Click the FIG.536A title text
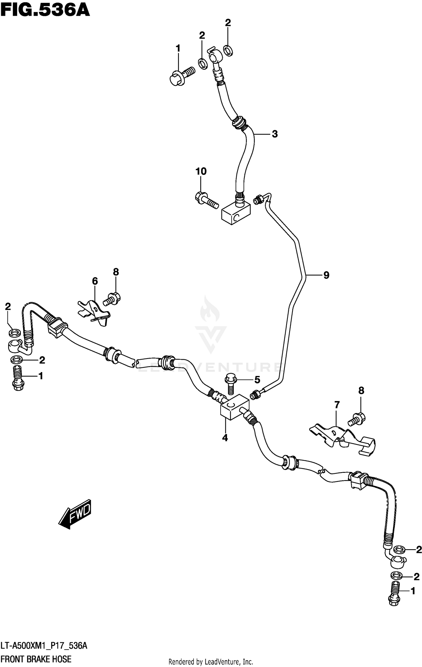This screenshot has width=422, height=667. pyautogui.click(x=45, y=10)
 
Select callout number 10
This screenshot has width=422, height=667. pyautogui.click(x=201, y=171)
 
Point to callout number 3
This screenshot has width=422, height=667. pyautogui.click(x=275, y=134)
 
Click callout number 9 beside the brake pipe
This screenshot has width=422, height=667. pyautogui.click(x=326, y=275)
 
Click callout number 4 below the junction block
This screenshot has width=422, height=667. pyautogui.click(x=225, y=438)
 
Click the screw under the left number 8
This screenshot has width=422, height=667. pyautogui.click(x=112, y=299)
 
